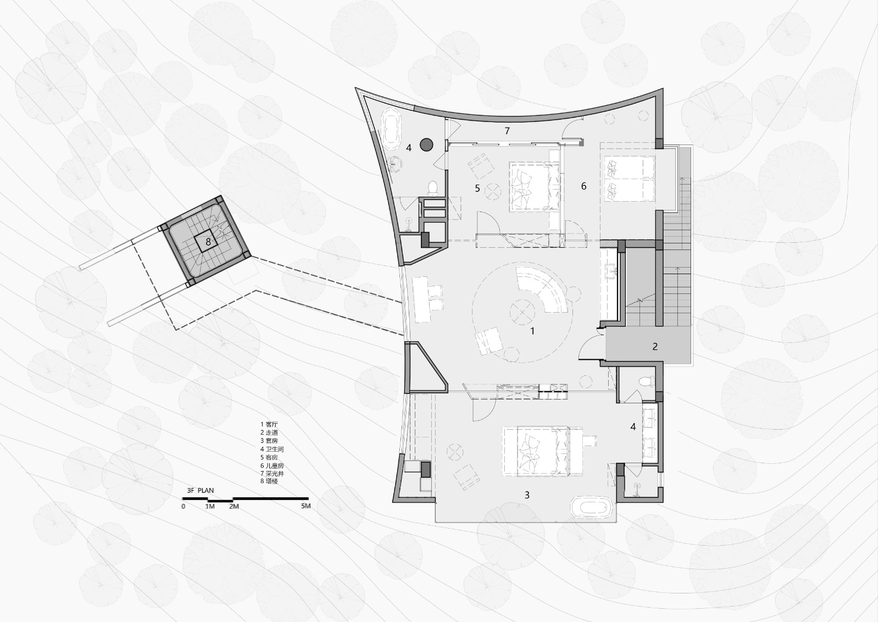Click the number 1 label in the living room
point(532,331)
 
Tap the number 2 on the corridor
point(655,347)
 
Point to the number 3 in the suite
point(527,495)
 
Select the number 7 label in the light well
point(507,131)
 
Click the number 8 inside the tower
point(208,242)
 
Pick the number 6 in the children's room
point(583,186)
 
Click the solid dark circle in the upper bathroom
point(426,145)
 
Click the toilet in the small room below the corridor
point(647,381)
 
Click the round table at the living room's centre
point(522,312)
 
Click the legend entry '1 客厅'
point(269,424)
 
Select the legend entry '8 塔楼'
point(269,481)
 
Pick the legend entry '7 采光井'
point(272,473)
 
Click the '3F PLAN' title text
point(200,491)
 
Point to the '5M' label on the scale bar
point(305,506)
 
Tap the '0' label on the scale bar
point(183,507)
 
